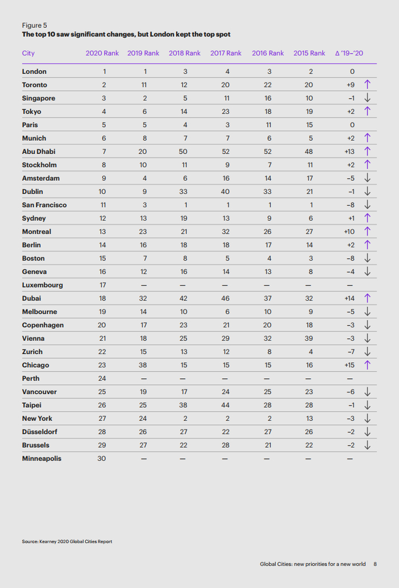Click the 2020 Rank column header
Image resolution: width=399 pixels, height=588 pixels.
(x=102, y=53)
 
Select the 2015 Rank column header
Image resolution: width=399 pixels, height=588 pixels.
(x=310, y=53)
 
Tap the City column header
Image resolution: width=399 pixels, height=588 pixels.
(x=28, y=53)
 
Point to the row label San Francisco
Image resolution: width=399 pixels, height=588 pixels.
(x=44, y=205)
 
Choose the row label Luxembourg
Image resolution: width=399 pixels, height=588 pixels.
(x=43, y=285)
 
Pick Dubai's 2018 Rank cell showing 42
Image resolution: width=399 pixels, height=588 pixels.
(x=185, y=298)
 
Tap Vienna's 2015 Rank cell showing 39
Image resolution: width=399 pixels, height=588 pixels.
(x=310, y=338)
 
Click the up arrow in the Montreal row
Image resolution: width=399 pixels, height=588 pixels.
(x=368, y=232)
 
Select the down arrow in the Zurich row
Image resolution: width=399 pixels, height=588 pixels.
(x=368, y=351)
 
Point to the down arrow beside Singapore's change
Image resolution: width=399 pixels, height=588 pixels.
(x=368, y=98)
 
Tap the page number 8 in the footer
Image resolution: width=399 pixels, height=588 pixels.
(x=375, y=564)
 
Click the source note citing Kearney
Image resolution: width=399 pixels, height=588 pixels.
(x=67, y=541)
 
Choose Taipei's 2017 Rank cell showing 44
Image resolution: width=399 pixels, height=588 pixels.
(x=226, y=405)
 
